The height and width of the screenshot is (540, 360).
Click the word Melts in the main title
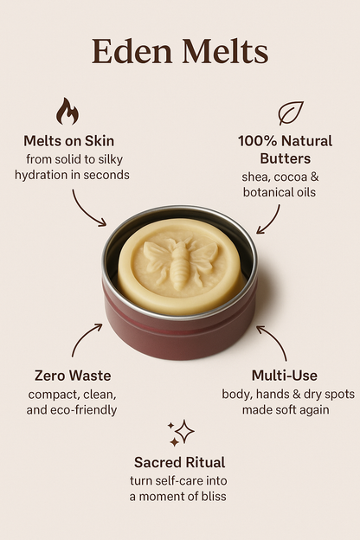pyautogui.click(x=223, y=53)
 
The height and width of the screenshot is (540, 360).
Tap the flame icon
pyautogui.click(x=67, y=112)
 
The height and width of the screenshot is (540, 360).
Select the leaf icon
pyautogui.click(x=290, y=113)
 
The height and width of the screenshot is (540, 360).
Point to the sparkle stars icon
pyautogui.click(x=181, y=433)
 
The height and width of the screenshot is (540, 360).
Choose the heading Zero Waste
pyautogui.click(x=73, y=376)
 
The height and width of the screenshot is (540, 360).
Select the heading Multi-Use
pyautogui.click(x=284, y=376)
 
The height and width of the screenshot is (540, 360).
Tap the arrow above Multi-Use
pyautogui.click(x=273, y=339)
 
